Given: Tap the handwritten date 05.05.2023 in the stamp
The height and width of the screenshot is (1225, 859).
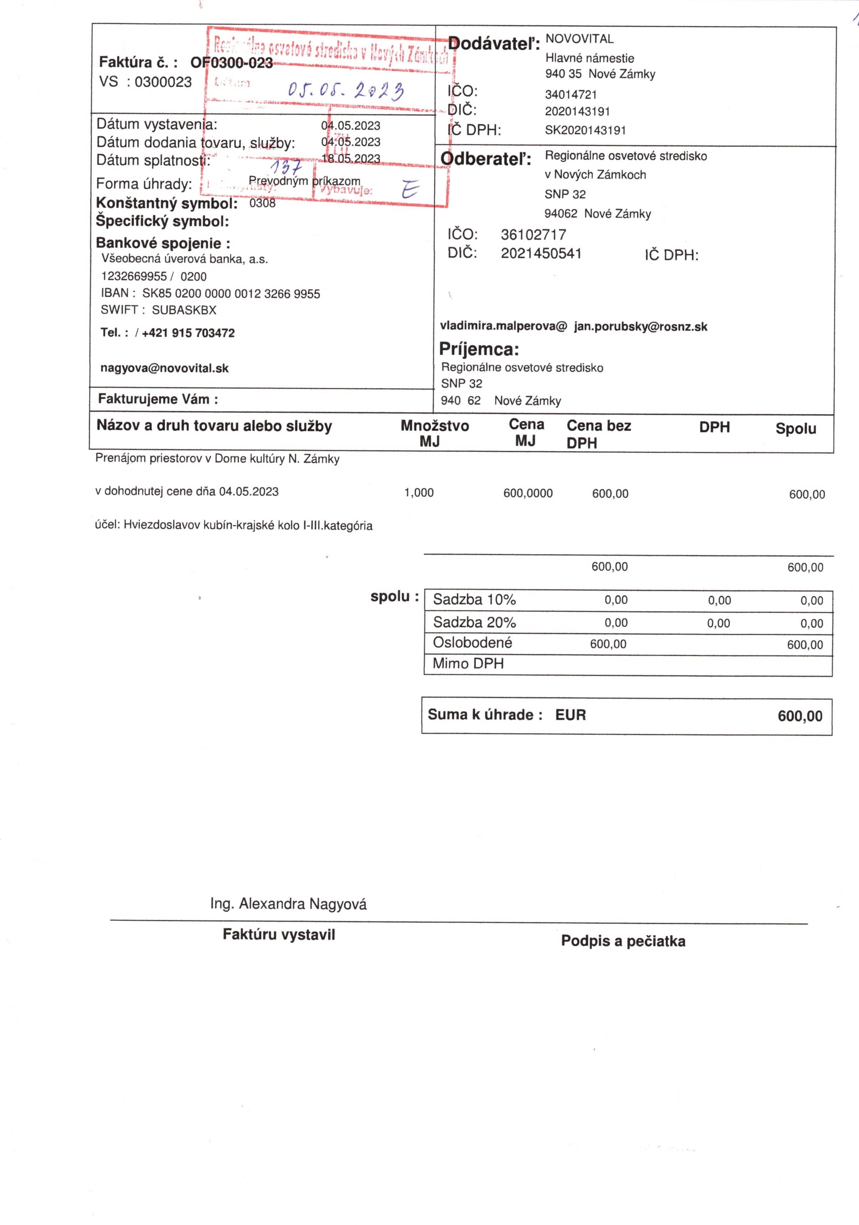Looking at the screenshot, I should coord(346,91).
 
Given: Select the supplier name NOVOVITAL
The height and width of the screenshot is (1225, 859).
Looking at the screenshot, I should coord(579,39).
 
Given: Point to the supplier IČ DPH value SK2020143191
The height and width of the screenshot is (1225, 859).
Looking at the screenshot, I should coord(585,130).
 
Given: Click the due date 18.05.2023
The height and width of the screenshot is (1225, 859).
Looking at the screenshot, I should coord(351,159).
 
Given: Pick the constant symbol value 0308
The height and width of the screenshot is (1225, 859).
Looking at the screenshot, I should coord(262,203).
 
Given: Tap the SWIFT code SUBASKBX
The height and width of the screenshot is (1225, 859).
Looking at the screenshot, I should coord(184,310).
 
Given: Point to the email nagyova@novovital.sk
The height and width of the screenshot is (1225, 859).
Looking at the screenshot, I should coord(164,368).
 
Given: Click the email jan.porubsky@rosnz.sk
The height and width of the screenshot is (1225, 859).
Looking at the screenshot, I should coord(641,326).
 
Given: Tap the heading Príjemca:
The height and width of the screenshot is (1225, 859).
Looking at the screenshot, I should coord(479,350).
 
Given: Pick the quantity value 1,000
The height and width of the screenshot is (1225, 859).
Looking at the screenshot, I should coord(419,493).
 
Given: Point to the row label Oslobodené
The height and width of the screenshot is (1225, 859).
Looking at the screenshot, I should coord(472,643).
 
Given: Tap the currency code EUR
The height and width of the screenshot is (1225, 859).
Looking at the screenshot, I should coord(570,715).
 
